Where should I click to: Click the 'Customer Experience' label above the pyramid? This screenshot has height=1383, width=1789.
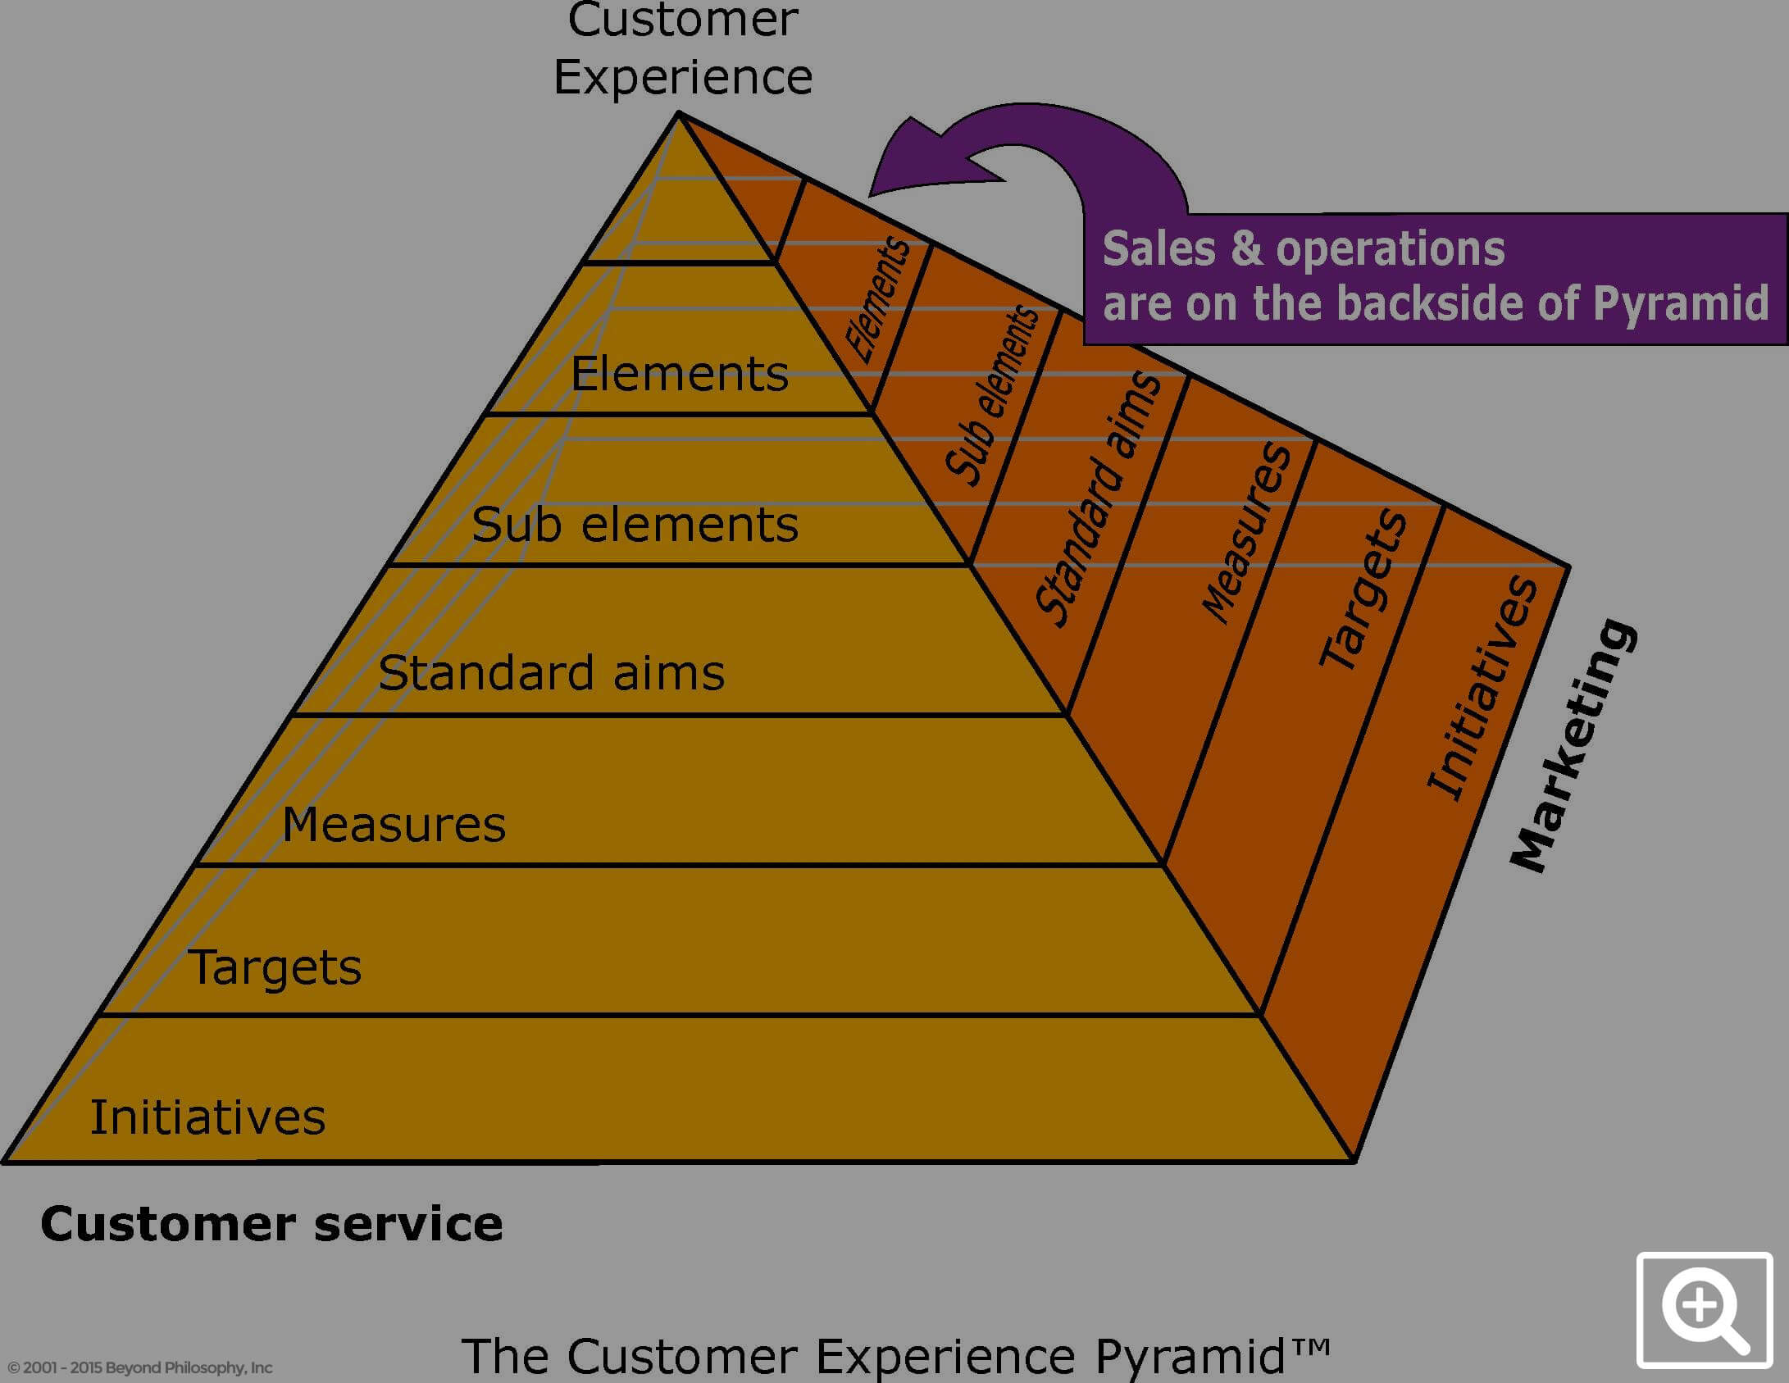pos(683,48)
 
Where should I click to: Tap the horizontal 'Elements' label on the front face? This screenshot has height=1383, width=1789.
pos(680,375)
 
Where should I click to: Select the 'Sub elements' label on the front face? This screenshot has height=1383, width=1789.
pos(635,525)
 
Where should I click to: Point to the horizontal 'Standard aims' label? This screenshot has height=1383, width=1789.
pos(552,673)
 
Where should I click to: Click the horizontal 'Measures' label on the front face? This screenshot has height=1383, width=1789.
pos(394,824)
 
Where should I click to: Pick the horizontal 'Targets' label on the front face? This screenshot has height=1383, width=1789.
pos(275,968)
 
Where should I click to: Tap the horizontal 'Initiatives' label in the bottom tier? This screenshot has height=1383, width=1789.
pos(207,1117)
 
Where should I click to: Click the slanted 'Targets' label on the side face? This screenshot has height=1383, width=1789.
pos(1363,588)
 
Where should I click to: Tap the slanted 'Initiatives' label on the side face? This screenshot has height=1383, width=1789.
pos(1482,687)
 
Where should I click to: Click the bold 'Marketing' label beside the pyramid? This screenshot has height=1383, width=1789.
pos(1573,745)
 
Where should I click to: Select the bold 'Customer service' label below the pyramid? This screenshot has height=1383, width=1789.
pos(271,1224)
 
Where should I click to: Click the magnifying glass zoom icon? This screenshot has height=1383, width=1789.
pos(1705,1310)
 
